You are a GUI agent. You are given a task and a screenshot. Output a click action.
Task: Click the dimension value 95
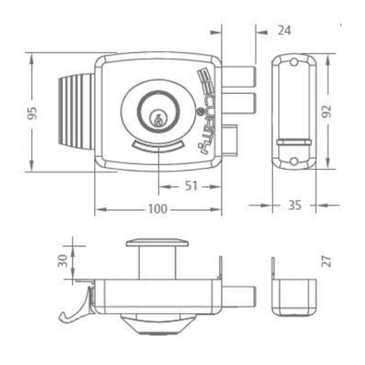(33, 113)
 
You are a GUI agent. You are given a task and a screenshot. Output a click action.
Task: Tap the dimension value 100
(158, 209)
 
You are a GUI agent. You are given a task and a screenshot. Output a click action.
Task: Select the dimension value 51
(192, 186)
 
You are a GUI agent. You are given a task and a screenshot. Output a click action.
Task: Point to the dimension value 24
(285, 31)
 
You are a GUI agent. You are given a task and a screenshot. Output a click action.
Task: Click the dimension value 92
(327, 111)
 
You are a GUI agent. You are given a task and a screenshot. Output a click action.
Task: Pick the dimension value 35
(295, 205)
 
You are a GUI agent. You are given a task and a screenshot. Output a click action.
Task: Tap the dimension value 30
(62, 261)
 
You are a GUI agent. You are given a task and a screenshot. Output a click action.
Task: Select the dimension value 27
(327, 262)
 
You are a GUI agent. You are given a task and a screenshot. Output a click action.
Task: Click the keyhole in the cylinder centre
(157, 120)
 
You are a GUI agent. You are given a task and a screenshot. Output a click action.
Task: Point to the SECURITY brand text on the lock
(206, 109)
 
